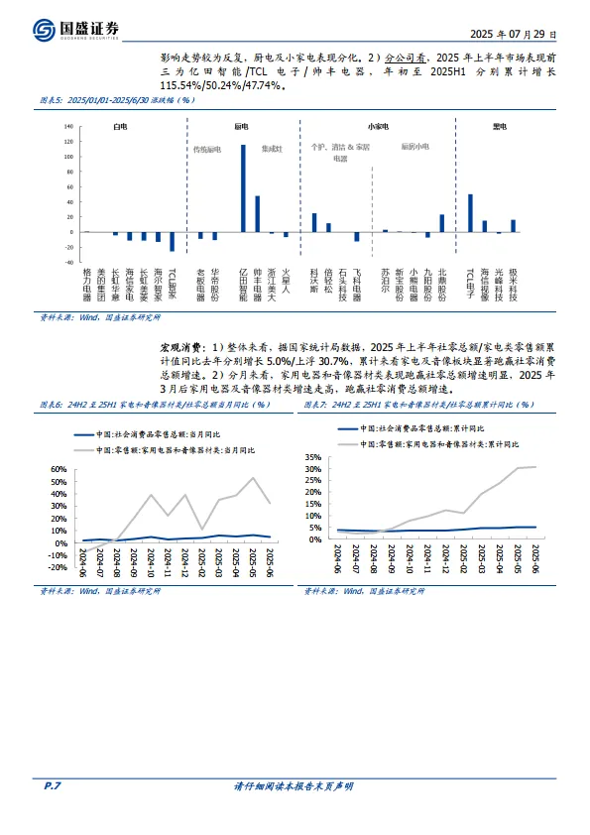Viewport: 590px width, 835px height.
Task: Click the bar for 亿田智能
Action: coord(243,188)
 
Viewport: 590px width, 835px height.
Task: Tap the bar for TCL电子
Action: coord(470,212)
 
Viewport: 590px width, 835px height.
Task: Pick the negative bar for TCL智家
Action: coord(172,241)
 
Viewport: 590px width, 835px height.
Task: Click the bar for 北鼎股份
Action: coord(442,223)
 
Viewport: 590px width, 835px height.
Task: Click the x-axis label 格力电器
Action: coord(86,284)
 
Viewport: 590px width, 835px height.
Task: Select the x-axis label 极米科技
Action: coord(513,284)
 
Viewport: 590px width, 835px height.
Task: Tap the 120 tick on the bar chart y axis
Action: coord(68,128)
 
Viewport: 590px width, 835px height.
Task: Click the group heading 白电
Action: coord(120,128)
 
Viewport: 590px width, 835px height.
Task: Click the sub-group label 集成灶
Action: coord(272,149)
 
